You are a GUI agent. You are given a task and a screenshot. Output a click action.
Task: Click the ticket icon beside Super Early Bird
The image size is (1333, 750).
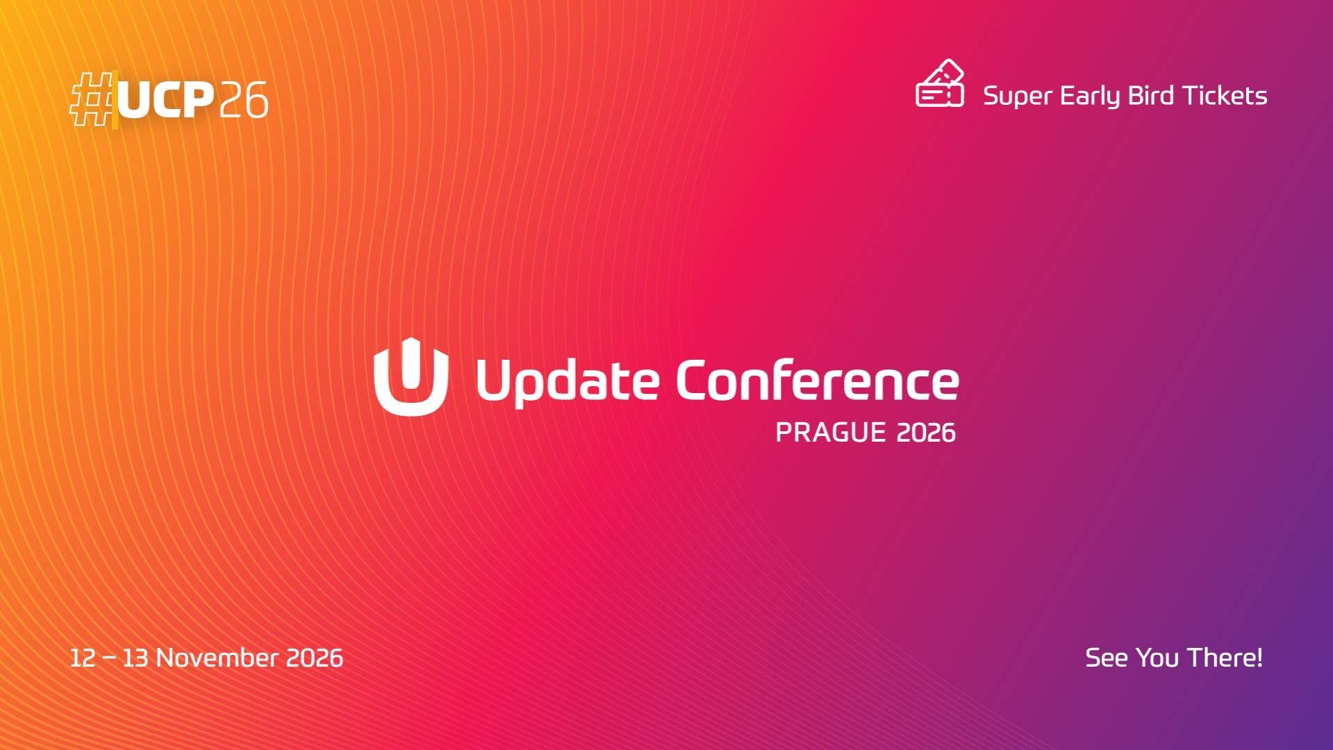(x=940, y=84)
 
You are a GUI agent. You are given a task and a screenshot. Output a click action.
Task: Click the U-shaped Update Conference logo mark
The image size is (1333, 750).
(x=411, y=376)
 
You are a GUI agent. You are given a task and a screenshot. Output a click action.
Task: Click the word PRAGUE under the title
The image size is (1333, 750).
(x=830, y=433)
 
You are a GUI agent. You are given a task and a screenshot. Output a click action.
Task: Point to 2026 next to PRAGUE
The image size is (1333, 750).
(x=926, y=433)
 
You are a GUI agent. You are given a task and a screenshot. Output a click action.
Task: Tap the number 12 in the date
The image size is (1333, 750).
(x=83, y=658)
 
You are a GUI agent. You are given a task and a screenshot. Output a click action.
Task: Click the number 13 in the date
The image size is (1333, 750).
(x=135, y=658)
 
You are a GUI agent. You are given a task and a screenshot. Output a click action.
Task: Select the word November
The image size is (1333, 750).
(x=217, y=658)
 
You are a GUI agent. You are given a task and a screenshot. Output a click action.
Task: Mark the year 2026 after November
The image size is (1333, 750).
(x=315, y=658)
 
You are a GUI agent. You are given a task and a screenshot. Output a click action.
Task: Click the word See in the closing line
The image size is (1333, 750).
(x=1106, y=658)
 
